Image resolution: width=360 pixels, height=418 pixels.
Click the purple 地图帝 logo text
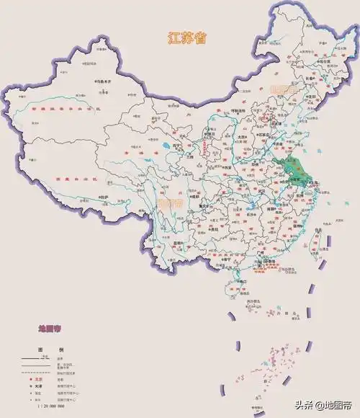click(51, 329)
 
